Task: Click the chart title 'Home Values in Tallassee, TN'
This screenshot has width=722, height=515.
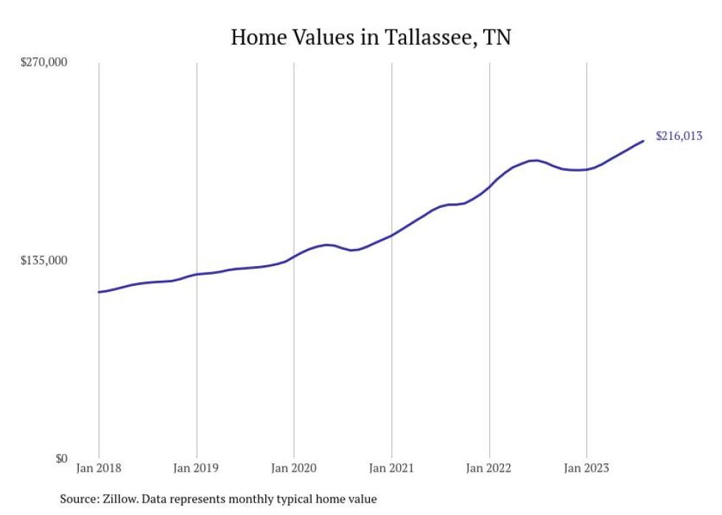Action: [371, 37]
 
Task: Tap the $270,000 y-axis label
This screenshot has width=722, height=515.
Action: [43, 63]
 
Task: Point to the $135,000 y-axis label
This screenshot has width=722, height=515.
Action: [43, 261]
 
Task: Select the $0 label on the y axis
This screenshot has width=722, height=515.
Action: [60, 458]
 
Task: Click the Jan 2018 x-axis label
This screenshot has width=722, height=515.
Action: [99, 468]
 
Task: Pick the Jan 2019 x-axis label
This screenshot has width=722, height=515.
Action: [196, 468]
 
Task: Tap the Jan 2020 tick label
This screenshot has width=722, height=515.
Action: [294, 468]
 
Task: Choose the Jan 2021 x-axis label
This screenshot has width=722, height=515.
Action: [391, 468]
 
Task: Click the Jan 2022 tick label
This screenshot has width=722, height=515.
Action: [489, 468]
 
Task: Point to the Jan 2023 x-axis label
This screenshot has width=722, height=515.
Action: [586, 468]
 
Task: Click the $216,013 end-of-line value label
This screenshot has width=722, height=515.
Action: [679, 136]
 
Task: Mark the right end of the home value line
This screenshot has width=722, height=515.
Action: [644, 141]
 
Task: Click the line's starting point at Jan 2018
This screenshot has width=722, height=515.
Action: [99, 292]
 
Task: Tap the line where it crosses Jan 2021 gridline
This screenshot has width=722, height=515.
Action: [391, 235]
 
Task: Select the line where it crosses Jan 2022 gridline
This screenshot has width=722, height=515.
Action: [489, 186]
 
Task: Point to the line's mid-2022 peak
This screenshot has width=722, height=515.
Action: [536, 160]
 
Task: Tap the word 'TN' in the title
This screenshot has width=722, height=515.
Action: [497, 37]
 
